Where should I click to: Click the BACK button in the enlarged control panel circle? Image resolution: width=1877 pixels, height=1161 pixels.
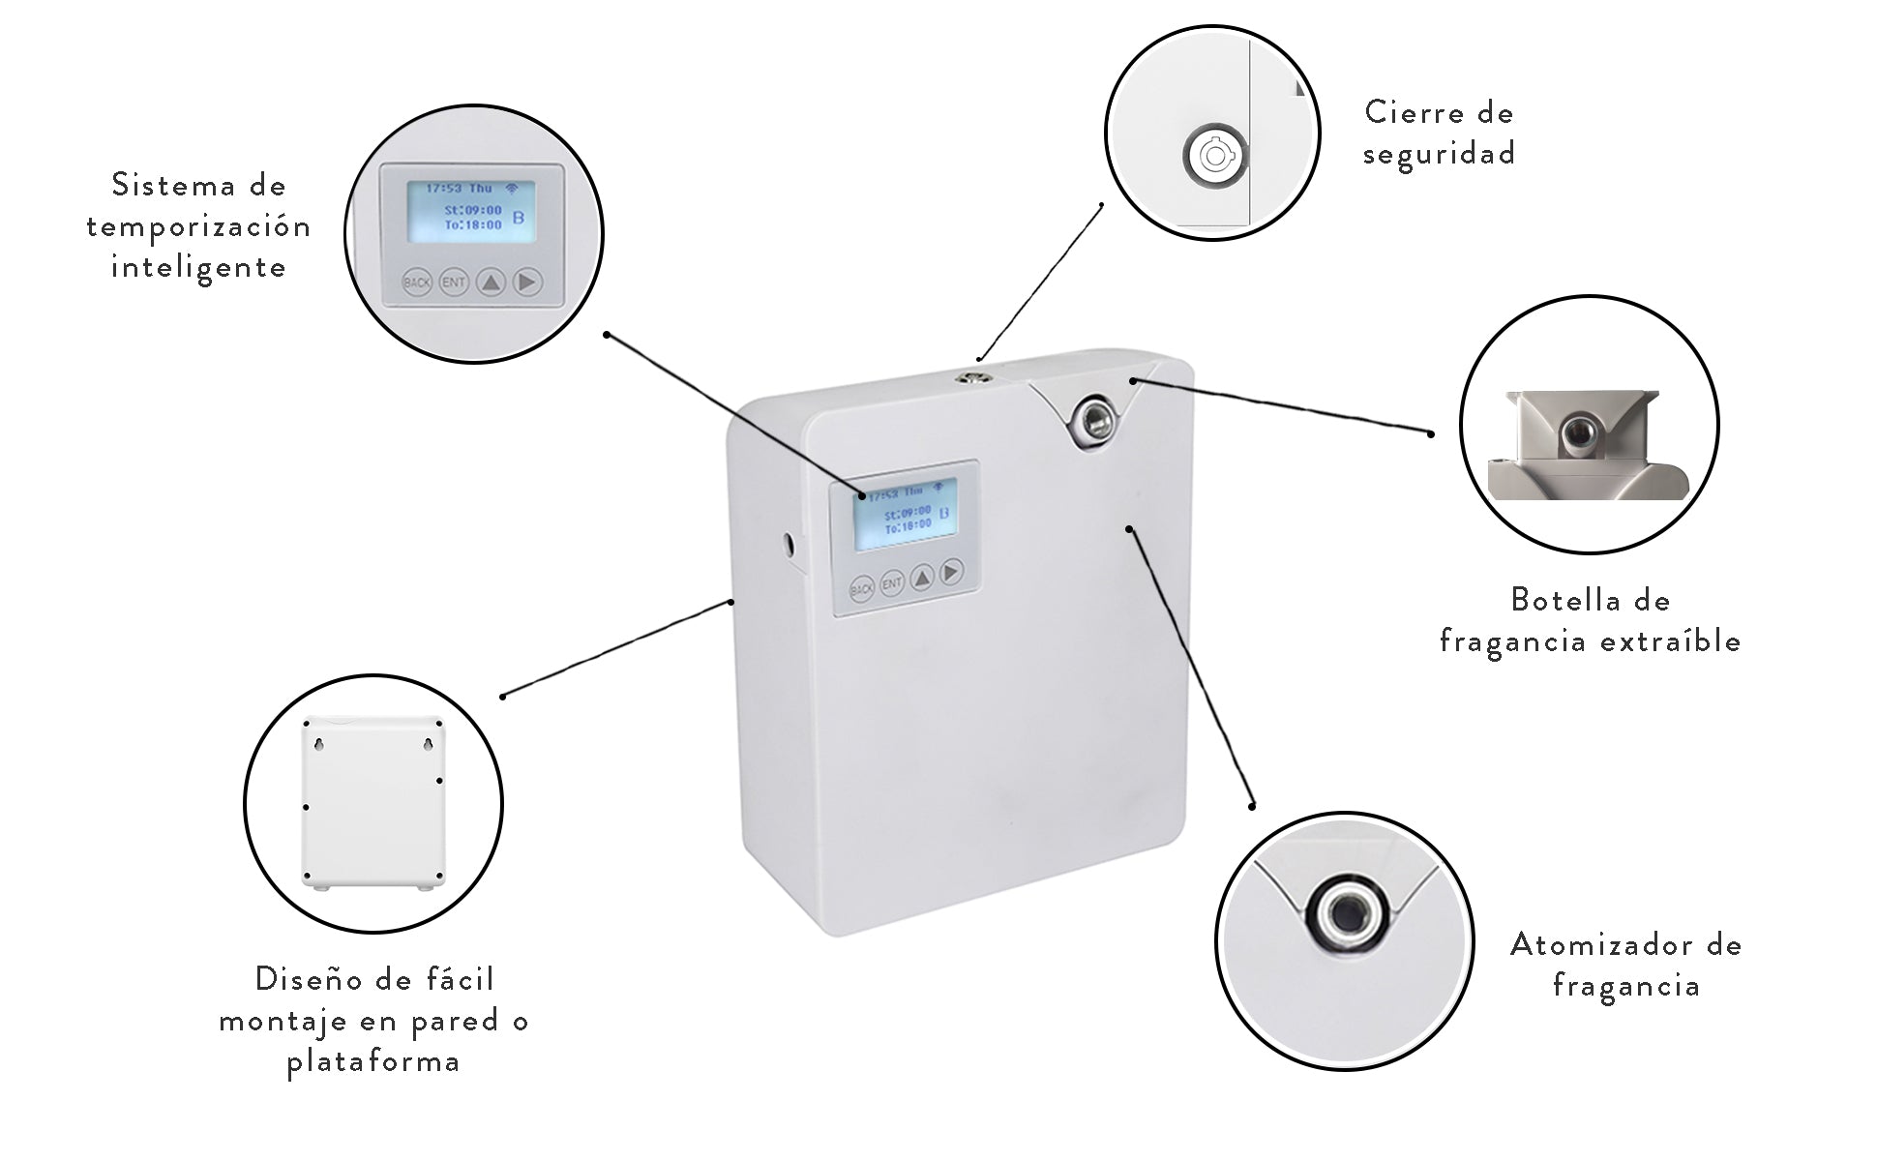click(417, 283)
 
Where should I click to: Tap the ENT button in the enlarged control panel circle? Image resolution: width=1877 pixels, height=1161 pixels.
click(453, 283)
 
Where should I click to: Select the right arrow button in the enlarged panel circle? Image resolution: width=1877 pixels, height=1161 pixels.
click(527, 283)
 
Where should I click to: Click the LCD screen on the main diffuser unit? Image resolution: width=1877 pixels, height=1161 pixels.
click(905, 513)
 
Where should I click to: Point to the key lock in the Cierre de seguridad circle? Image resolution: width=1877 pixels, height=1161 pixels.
click(1214, 156)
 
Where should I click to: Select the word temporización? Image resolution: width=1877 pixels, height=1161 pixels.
click(198, 226)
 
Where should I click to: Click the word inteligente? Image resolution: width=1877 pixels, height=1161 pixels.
click(198, 268)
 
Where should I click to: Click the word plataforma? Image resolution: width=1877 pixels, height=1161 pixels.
click(373, 1062)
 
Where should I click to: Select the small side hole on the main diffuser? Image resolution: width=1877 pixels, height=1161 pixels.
click(788, 545)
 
